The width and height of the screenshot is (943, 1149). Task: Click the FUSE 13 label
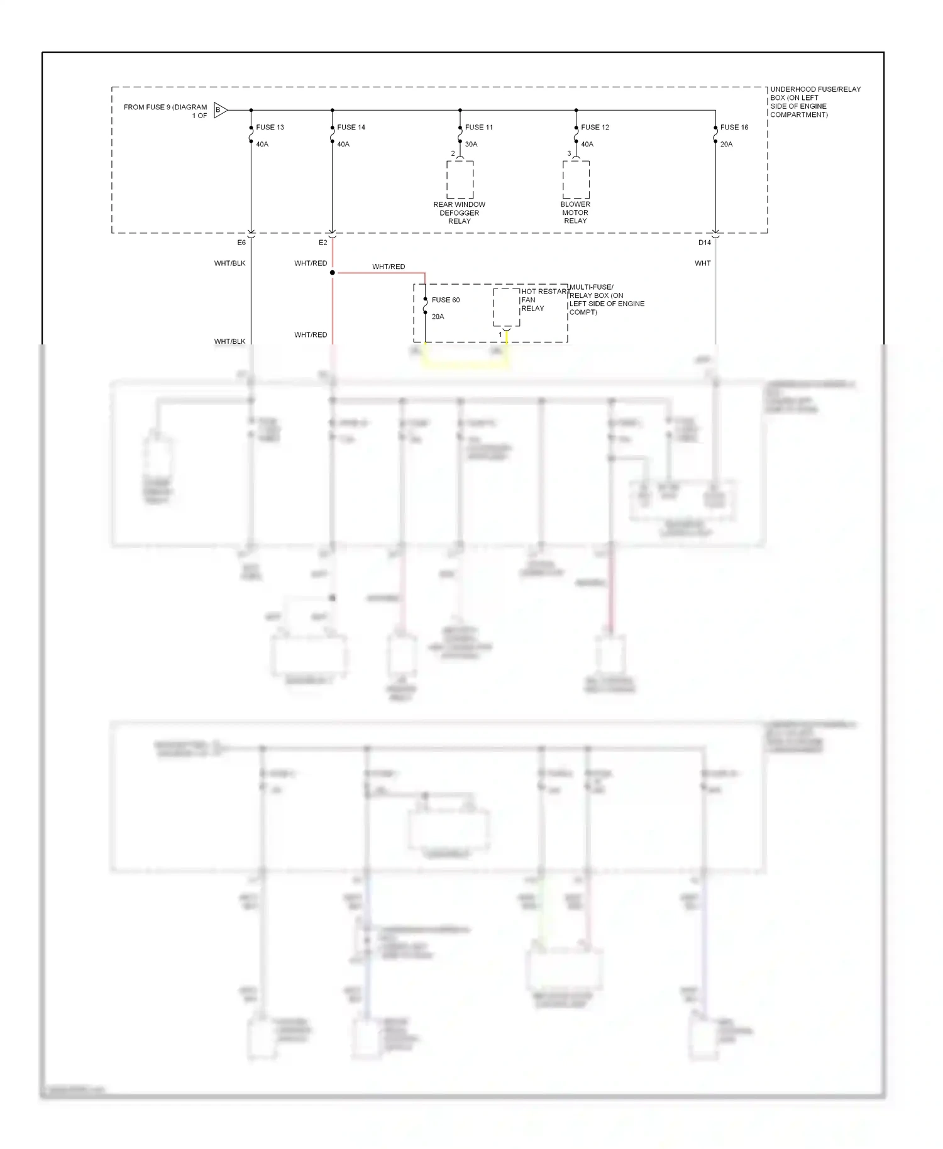pos(270,127)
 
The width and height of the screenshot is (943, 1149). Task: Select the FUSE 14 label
pos(351,127)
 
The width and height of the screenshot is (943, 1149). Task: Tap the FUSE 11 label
pos(478,127)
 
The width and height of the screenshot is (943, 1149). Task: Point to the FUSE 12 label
pos(595,127)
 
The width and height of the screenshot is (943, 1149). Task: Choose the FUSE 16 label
pos(734,127)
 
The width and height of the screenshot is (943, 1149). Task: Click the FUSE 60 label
pos(445,300)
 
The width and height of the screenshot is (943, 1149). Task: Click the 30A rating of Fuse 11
pos(471,144)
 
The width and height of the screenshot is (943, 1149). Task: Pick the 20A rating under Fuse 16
pos(726,144)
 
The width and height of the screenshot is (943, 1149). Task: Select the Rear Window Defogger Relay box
pos(460,180)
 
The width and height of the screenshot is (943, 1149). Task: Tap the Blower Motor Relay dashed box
pos(576,180)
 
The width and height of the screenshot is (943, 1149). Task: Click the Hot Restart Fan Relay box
pos(506,307)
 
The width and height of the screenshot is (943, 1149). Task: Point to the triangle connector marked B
pos(220,110)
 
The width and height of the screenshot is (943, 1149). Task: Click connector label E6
pos(241,243)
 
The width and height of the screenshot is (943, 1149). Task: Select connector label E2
pos(323,243)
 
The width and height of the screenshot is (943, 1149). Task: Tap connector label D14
pos(704,243)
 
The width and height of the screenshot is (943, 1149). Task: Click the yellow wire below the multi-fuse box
pos(465,366)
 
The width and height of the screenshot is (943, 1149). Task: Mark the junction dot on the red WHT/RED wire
pos(333,273)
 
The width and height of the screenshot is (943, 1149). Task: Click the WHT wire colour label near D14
pos(702,263)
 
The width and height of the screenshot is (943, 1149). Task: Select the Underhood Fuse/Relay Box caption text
pos(815,102)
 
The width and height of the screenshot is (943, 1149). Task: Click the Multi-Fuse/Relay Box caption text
pos(606,300)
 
